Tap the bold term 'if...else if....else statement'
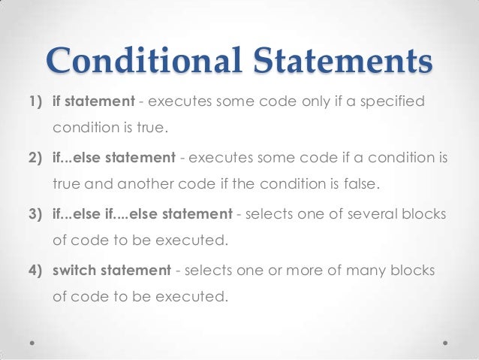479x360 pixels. click(x=142, y=215)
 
